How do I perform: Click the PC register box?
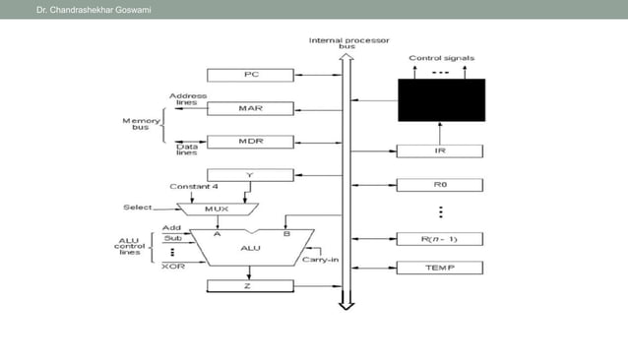250,75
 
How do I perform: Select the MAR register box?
250,108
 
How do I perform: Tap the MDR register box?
250,142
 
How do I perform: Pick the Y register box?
250,175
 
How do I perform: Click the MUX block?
217,209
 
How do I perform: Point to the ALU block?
250,248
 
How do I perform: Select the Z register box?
250,286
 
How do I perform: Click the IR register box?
440,151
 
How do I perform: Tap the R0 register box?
440,185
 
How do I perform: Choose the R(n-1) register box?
440,238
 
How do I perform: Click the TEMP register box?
440,268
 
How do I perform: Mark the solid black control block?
440,99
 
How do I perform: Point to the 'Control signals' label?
439,59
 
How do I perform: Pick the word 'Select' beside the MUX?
138,208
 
